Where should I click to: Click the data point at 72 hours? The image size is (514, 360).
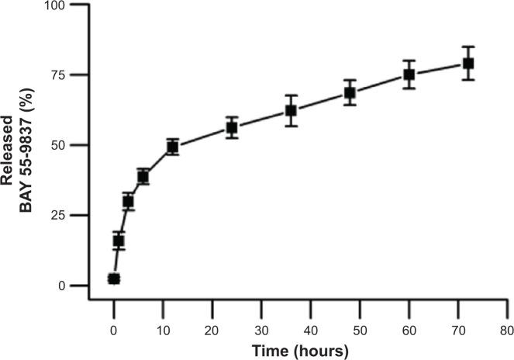(467, 64)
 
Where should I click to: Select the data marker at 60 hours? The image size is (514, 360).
(409, 74)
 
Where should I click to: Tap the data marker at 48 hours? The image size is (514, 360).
(350, 93)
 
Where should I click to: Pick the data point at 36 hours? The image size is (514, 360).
(291, 110)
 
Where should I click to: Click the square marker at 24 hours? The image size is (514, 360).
(231, 127)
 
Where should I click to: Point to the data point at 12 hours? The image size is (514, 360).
(173, 147)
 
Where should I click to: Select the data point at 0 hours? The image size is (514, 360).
(114, 279)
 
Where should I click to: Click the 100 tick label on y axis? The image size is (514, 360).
(77, 5)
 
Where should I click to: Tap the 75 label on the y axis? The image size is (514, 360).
(80, 75)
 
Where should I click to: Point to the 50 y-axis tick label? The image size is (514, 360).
(80, 145)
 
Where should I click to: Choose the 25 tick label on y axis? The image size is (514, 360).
(80, 216)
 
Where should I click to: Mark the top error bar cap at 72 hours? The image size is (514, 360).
(467, 47)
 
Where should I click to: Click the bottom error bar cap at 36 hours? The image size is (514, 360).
(291, 126)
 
